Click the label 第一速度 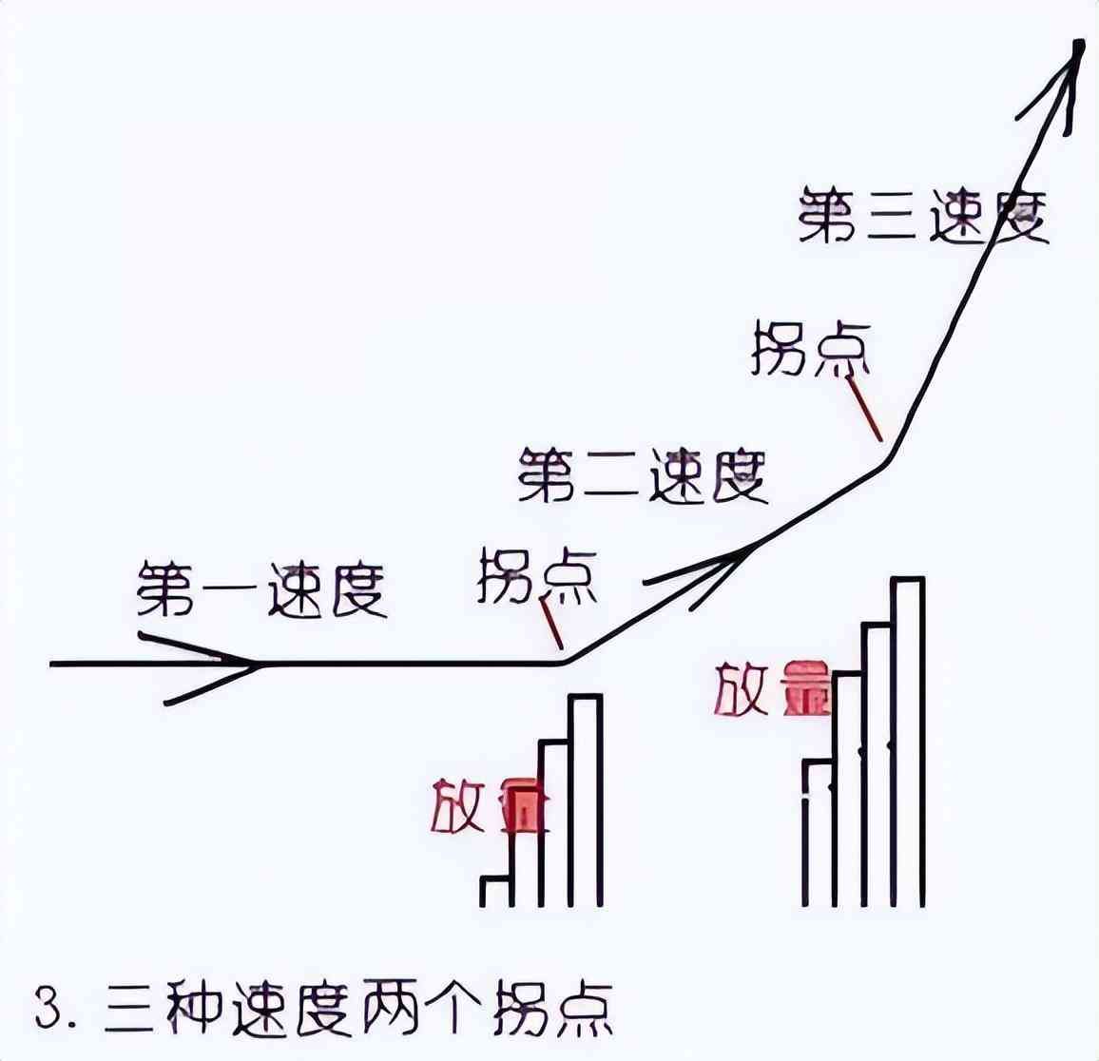click(261, 590)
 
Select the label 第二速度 click(643, 476)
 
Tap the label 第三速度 click(922, 216)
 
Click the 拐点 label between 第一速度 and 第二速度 click(537, 575)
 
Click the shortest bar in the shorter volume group click(496, 891)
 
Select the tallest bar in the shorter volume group click(586, 801)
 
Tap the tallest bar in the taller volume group click(907, 742)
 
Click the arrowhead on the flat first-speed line click(242, 663)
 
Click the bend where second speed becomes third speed click(887, 462)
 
